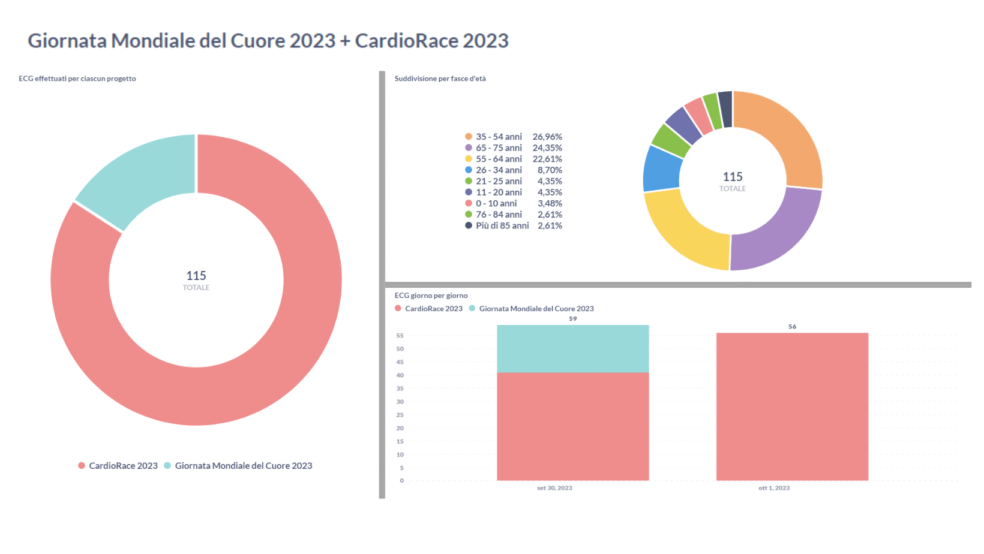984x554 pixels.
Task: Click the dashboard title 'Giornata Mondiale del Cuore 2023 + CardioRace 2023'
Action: [x=268, y=41]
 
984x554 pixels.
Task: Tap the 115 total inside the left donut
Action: [x=196, y=276]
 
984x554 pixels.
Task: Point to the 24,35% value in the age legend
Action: [x=547, y=148]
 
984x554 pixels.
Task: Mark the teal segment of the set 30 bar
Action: [x=572, y=349]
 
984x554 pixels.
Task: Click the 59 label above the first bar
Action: [x=573, y=319]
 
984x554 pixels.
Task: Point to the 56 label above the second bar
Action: [x=792, y=327]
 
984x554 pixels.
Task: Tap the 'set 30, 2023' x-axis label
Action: [x=554, y=488]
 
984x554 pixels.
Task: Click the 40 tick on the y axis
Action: [x=400, y=375]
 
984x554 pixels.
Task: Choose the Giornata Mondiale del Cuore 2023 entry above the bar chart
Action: [x=536, y=309]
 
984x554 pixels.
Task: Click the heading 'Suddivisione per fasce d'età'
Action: [x=440, y=79]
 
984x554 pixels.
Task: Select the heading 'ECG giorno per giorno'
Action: [x=431, y=296]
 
